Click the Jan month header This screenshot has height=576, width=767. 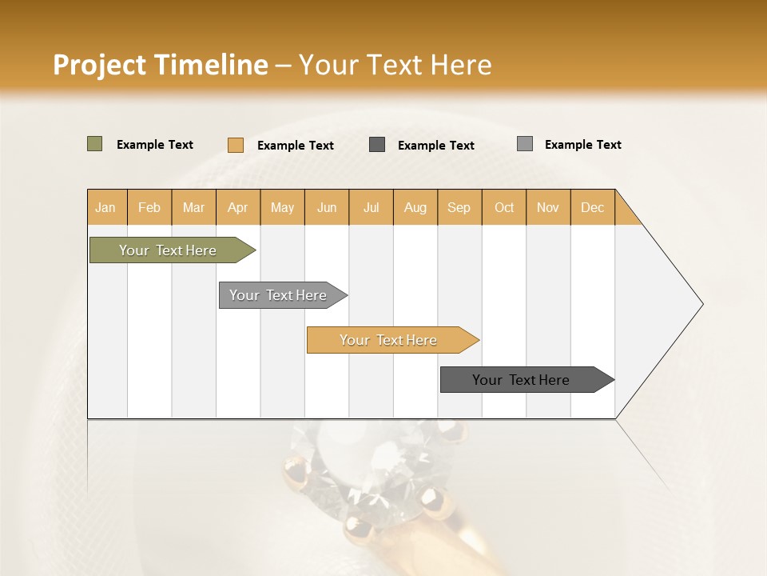105,207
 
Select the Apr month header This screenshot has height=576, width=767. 237,207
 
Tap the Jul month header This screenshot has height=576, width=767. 371,207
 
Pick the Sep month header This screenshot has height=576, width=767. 459,207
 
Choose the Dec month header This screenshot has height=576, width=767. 592,207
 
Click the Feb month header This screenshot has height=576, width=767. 149,207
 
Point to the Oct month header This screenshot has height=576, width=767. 504,207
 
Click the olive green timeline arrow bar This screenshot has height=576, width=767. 169,250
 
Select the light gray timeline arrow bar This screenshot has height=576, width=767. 279,295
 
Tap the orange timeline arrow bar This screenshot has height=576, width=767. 389,340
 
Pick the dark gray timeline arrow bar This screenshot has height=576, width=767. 522,380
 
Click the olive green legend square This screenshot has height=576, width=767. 94,144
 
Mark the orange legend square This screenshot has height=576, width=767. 235,145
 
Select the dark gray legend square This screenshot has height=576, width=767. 377,144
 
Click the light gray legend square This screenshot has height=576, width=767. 524,144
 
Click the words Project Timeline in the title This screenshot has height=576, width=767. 161,65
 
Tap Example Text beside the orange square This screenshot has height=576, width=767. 295,146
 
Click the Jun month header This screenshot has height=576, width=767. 327,207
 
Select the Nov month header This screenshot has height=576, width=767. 548,207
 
